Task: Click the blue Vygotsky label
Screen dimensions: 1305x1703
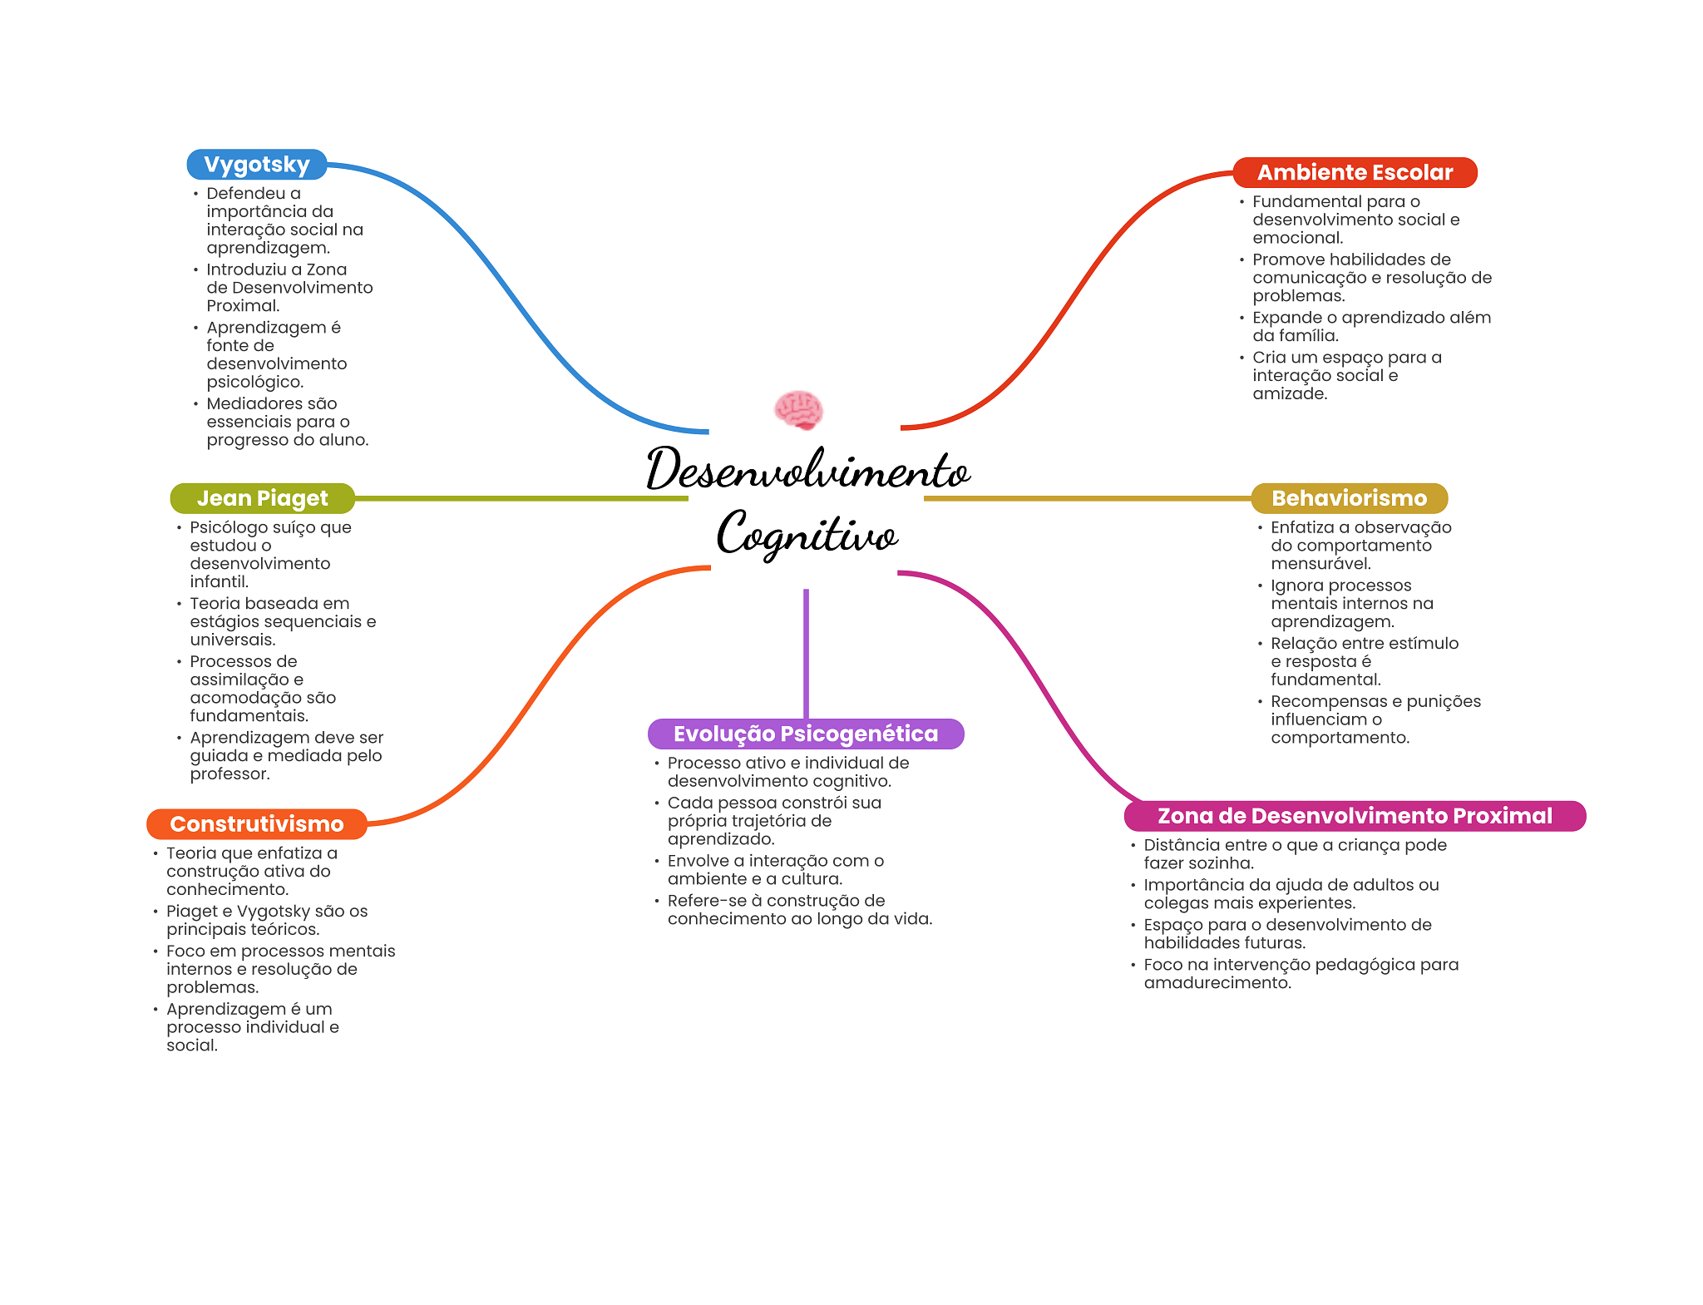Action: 256,165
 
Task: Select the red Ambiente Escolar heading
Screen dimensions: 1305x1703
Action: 1355,172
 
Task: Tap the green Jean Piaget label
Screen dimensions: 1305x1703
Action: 262,498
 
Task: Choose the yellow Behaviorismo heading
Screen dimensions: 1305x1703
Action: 1349,498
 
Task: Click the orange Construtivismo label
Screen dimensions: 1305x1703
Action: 256,824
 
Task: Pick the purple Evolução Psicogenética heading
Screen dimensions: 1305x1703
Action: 805,734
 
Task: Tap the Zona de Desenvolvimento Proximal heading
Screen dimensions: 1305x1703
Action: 1354,816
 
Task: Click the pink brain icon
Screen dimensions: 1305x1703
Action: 798,409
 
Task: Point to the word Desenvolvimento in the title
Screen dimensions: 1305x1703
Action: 807,470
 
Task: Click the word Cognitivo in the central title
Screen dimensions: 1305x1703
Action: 807,534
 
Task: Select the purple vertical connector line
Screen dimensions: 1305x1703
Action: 806,653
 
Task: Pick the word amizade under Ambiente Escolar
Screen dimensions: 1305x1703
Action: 1290,393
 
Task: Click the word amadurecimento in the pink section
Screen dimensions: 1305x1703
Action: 1217,982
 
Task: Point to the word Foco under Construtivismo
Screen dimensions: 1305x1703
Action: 185,951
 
